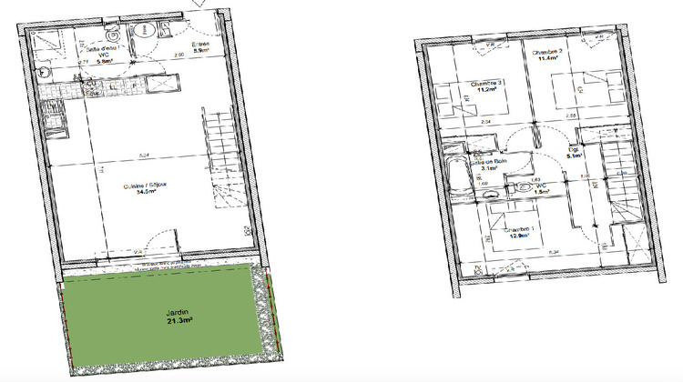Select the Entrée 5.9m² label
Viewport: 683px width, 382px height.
[201, 49]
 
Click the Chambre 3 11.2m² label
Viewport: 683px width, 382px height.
[486, 88]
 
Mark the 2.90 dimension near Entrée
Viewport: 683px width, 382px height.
[179, 56]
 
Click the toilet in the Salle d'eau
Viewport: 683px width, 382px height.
[143, 32]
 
